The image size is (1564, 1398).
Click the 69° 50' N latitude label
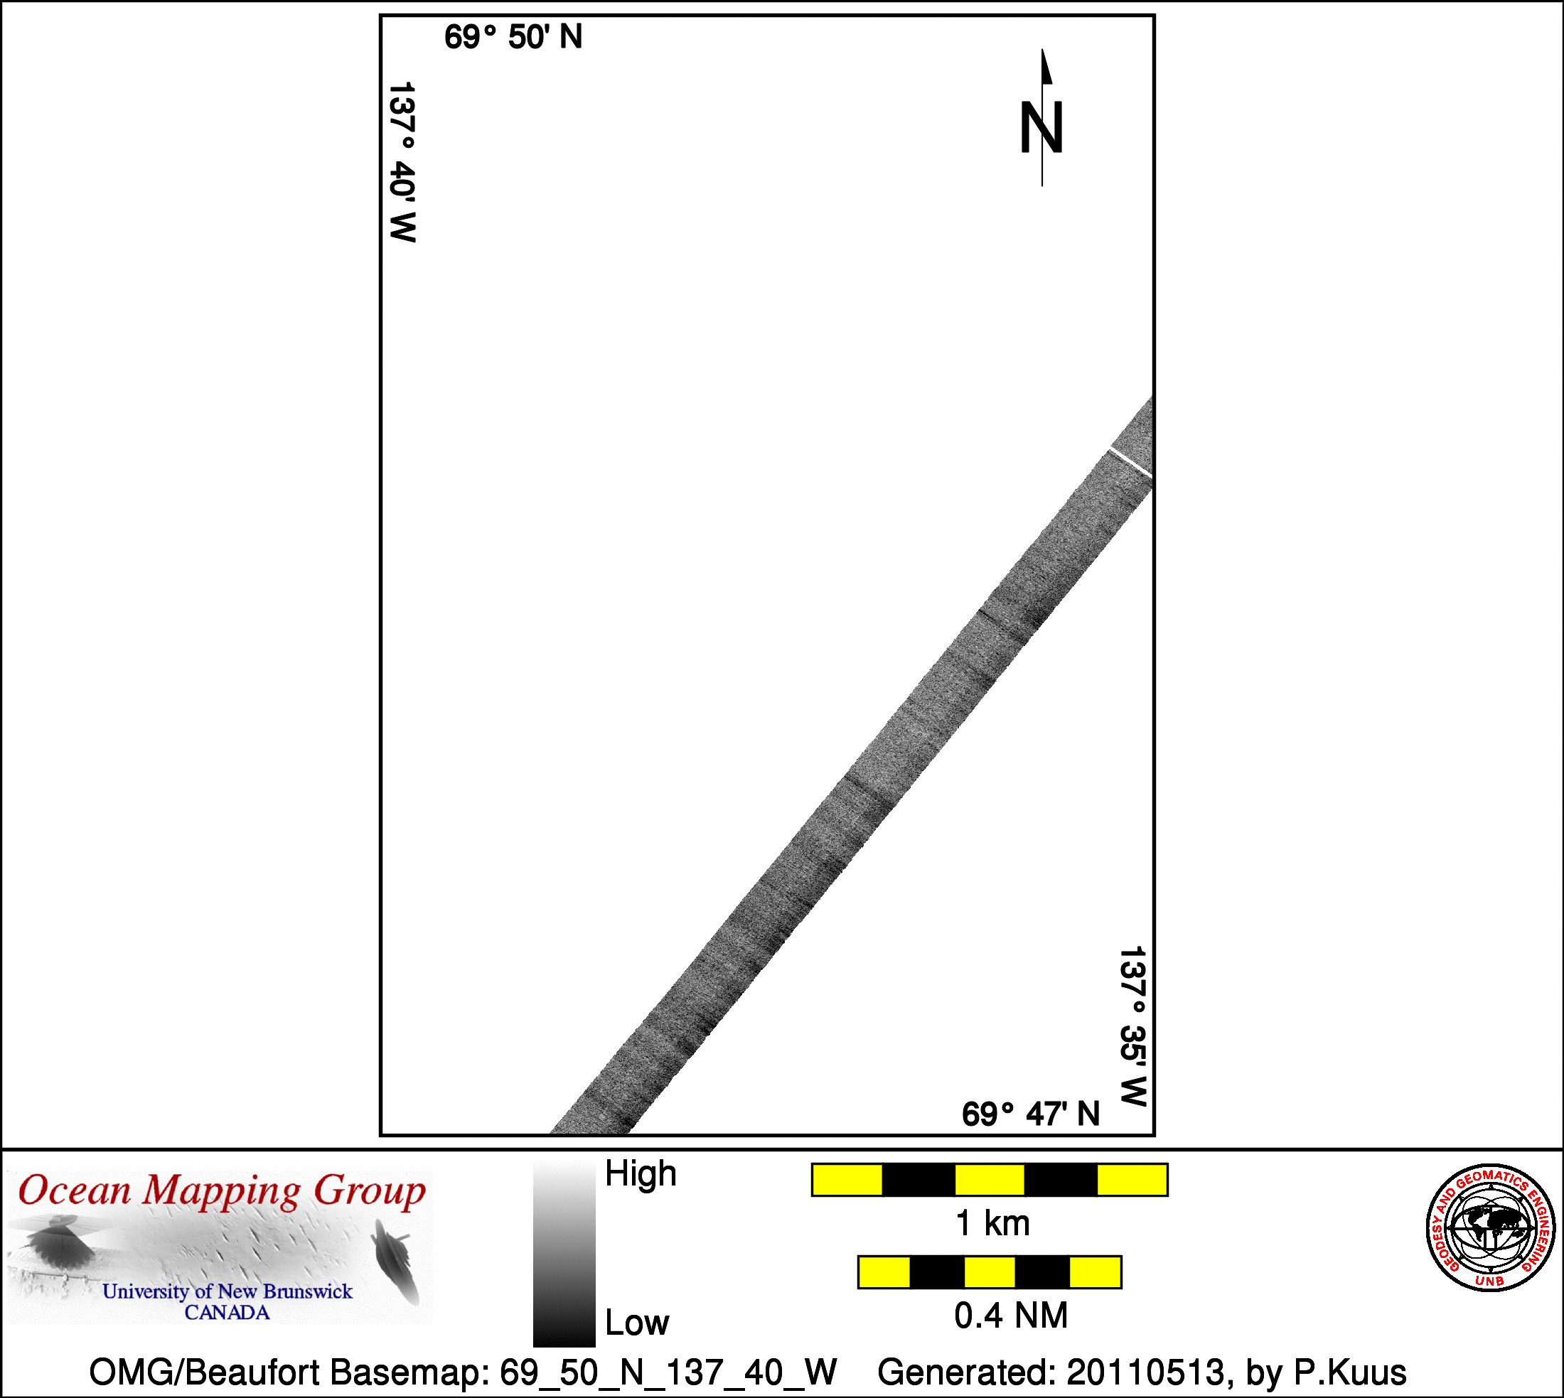pos(513,38)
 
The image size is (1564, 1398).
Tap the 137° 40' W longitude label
pos(402,162)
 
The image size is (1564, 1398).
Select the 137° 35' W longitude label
pos(1133,1026)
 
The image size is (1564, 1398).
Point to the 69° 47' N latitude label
pos(1031,1114)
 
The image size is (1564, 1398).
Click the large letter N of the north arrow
pos(1041,127)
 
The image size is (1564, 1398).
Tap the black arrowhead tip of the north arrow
pos(1042,50)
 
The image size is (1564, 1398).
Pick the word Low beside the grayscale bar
pos(637,1323)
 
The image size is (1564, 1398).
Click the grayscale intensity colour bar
pos(564,1254)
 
